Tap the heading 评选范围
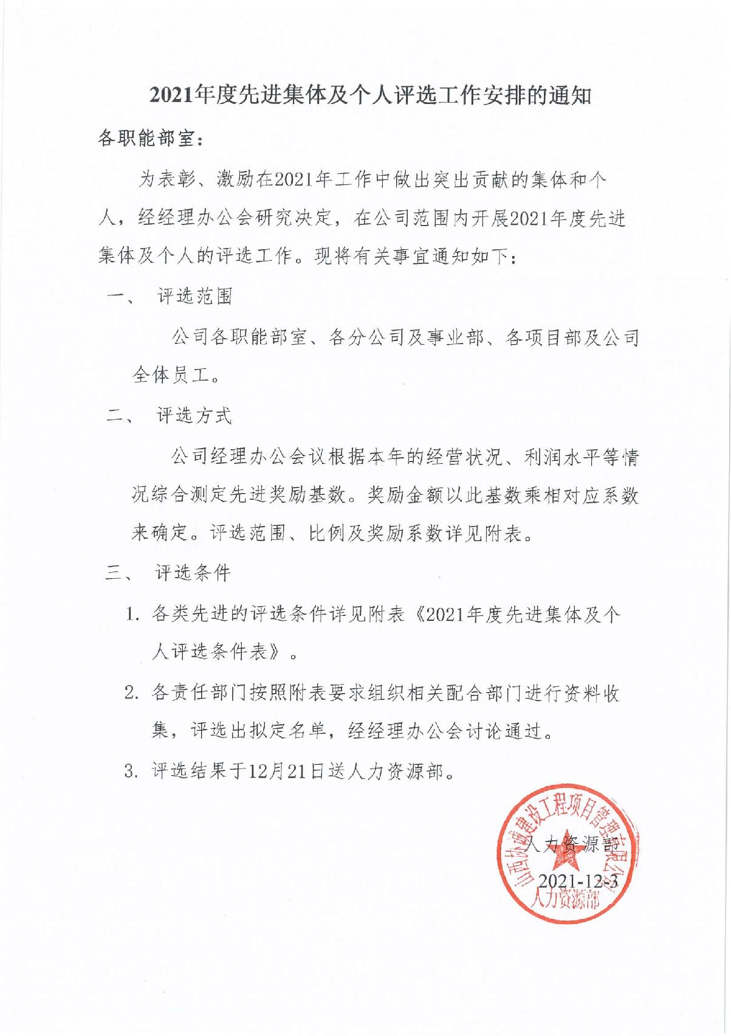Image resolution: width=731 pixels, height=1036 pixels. (194, 296)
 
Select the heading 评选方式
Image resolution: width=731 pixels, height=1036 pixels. (194, 416)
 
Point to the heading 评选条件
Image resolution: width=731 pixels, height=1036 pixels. (193, 573)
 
